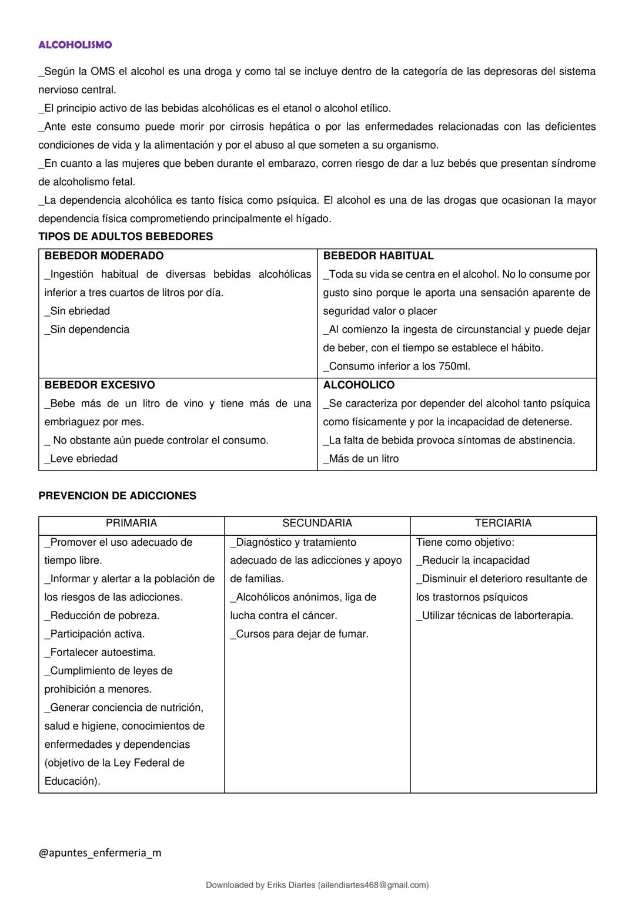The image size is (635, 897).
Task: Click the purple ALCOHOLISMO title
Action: tap(75, 45)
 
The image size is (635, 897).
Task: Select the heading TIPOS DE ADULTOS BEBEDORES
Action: tap(125, 237)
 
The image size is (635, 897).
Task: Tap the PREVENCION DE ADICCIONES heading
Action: tap(117, 496)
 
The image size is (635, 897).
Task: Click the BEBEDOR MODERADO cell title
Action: tap(104, 256)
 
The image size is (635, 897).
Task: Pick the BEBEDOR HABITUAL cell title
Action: tap(378, 256)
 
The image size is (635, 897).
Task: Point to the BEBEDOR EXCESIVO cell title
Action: tap(99, 385)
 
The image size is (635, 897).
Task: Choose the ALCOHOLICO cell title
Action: tap(359, 385)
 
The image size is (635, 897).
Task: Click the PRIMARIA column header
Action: tap(131, 523)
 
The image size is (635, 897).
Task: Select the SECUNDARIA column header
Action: tap(317, 523)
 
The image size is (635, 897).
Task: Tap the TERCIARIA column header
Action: tap(503, 523)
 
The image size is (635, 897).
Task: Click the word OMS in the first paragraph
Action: tap(102, 72)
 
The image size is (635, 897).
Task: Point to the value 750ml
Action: tap(454, 367)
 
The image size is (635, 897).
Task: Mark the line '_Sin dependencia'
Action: tap(87, 330)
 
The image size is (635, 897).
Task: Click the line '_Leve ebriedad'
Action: tap(81, 459)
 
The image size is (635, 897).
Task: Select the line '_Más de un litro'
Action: tap(361, 459)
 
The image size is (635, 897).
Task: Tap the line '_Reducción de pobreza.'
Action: tap(102, 616)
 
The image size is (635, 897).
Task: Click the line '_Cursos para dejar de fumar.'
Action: tap(299, 634)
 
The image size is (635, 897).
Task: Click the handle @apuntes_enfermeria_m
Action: tap(99, 853)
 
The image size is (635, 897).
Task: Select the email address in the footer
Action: tap(373, 885)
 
